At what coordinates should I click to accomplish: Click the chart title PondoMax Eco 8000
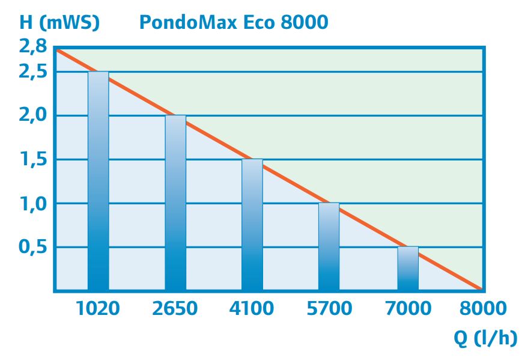[234, 22]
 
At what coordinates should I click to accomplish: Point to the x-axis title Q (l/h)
[485, 338]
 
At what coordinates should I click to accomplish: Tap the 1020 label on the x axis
[98, 308]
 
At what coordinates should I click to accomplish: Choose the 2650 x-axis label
[175, 308]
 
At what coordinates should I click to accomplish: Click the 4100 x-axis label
[252, 308]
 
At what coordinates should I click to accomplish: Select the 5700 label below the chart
[329, 308]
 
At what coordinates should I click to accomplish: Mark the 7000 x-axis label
[408, 308]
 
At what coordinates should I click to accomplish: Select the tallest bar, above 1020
[99, 180]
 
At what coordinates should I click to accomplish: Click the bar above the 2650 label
[175, 203]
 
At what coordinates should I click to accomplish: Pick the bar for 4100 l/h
[252, 225]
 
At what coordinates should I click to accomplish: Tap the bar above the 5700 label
[329, 246]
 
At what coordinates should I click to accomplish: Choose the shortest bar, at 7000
[408, 269]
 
